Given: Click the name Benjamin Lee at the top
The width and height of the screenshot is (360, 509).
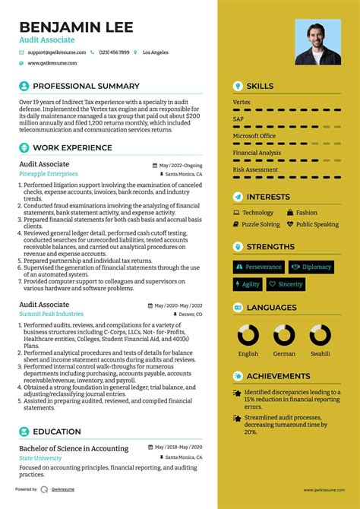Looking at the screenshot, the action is point(76,27).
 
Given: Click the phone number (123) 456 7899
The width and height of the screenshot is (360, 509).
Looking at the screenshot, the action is point(114,52).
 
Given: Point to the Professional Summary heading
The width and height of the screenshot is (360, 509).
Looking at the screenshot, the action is point(86,87).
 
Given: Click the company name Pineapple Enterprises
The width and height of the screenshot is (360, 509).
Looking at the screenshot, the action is point(48,174).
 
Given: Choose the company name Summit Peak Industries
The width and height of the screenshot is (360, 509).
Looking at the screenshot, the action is point(52,314).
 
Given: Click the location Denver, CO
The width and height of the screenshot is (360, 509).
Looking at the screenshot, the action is point(191,314).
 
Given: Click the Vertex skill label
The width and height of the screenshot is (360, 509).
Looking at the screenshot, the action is point(242,101).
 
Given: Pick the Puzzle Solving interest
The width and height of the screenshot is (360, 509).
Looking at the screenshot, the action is point(261,225).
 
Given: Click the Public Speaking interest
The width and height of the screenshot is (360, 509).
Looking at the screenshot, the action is point(317,225).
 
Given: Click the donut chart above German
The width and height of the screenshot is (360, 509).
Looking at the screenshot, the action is point(284,335).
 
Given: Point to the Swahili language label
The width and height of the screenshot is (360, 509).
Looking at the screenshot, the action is point(320,353).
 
